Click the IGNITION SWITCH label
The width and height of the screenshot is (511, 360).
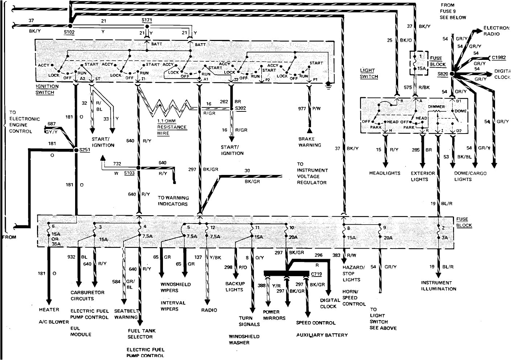click(47, 89)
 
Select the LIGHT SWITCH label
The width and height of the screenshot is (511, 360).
click(369, 73)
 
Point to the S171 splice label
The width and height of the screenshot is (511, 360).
click(147, 20)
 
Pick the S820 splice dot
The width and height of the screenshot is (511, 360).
click(452, 74)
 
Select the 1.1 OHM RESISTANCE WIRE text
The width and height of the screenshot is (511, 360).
click(172, 127)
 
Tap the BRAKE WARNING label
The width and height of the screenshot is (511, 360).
click(310, 142)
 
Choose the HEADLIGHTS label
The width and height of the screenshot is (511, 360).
click(384, 173)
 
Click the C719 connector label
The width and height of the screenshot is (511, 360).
click(316, 275)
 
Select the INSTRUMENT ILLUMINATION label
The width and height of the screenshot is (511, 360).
click(438, 286)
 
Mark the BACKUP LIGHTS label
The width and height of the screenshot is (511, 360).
click(235, 286)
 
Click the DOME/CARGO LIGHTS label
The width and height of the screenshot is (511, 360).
click(468, 176)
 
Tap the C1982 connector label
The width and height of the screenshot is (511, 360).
click(499, 57)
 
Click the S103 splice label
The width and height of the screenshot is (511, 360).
click(129, 173)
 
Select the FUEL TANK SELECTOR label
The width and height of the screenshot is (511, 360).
click(140, 334)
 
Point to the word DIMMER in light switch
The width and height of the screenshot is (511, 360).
click(436, 107)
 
